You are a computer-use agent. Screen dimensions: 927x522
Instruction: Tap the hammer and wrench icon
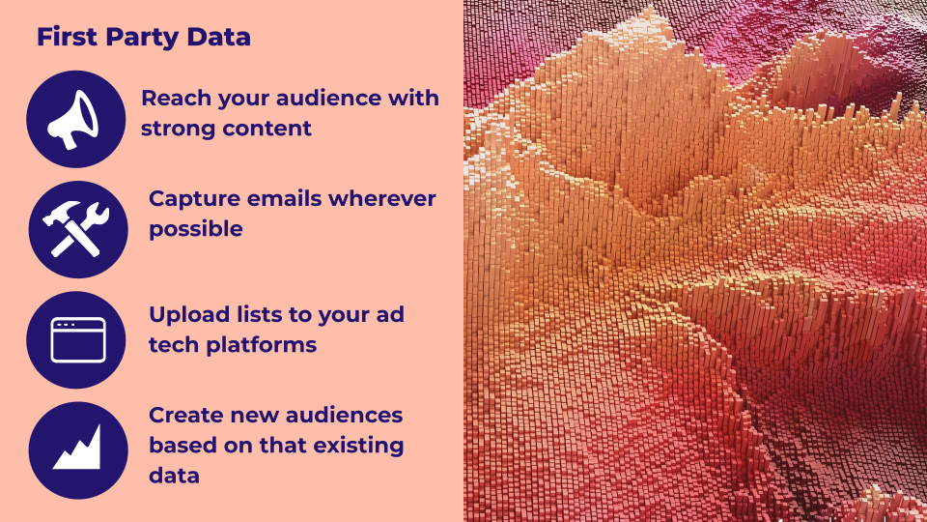click(76, 229)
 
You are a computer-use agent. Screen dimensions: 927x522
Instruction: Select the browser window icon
click(78, 339)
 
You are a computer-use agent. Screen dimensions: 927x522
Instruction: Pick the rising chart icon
click(77, 449)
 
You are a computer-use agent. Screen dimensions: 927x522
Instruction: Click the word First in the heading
click(67, 37)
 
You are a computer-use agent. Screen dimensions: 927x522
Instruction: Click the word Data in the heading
click(219, 37)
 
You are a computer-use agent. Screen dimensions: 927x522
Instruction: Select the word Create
click(185, 416)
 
